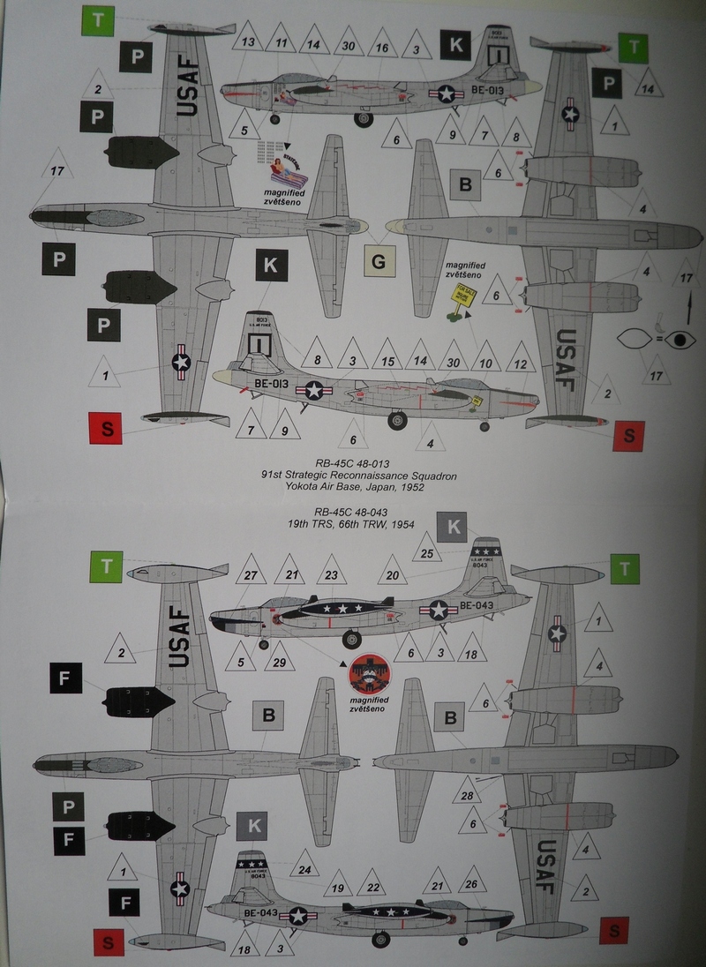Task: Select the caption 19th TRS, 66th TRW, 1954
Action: click(355, 523)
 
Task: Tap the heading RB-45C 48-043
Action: click(355, 510)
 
